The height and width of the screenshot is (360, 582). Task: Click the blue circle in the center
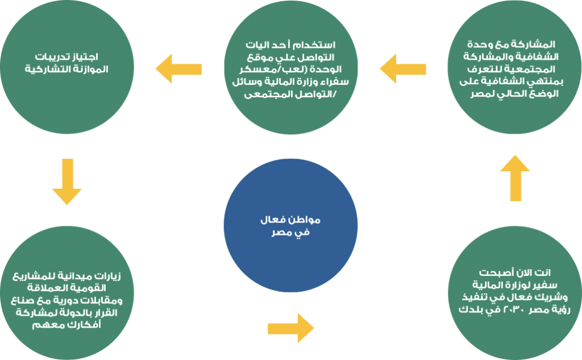[x=290, y=226]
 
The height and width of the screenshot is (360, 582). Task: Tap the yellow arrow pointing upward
[x=515, y=178]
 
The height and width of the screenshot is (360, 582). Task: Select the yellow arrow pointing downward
[x=67, y=181]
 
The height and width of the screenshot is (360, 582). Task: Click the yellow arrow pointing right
[x=291, y=328]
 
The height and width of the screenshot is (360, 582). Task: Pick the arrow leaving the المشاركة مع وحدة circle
[x=403, y=69]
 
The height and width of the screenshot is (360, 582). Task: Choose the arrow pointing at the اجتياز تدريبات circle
[x=178, y=69]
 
